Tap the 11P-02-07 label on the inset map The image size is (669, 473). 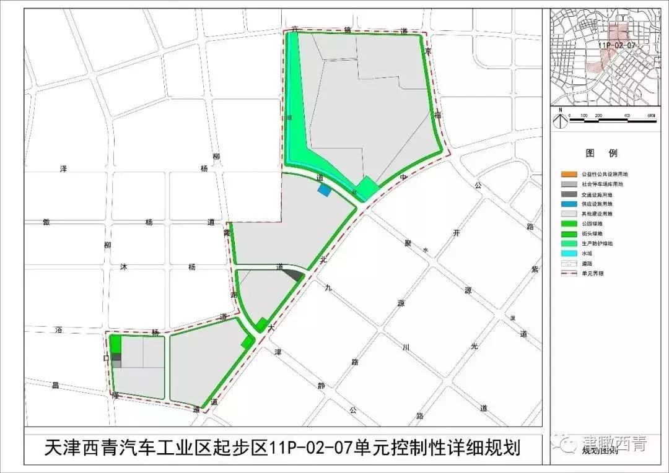pyautogui.click(x=618, y=45)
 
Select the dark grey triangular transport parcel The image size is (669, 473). pyautogui.click(x=296, y=274)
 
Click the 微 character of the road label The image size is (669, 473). pyautogui.click(x=45, y=222)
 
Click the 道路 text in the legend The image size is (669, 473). pyautogui.click(x=587, y=263)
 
